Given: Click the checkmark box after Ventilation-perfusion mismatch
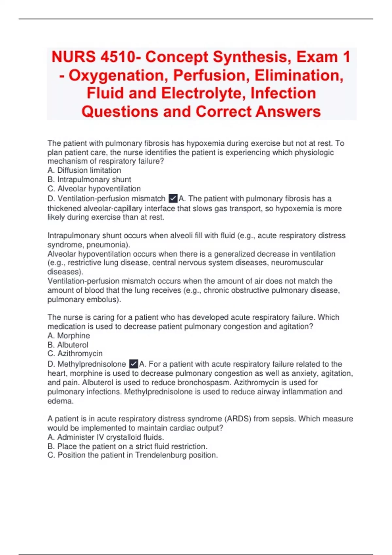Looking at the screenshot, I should (173, 198).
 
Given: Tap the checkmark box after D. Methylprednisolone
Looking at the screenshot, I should (133, 364).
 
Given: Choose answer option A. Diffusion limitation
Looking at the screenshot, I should (84, 170).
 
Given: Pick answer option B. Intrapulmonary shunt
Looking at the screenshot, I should (89, 180).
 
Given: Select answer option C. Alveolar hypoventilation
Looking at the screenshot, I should (94, 189).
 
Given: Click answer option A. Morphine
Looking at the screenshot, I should (69, 336).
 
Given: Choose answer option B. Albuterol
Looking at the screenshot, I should (68, 345).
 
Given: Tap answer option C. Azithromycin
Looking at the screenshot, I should (75, 354).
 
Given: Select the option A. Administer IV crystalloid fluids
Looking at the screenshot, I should (106, 437).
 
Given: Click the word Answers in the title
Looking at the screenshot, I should (288, 112).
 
